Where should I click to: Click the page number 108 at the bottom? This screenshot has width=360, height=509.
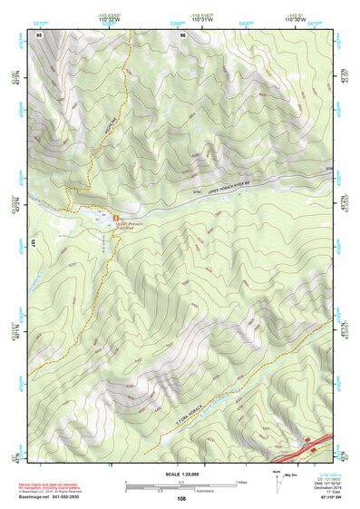181,499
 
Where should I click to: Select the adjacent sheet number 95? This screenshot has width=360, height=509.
40,34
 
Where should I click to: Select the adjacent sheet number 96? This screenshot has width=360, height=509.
183,34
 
